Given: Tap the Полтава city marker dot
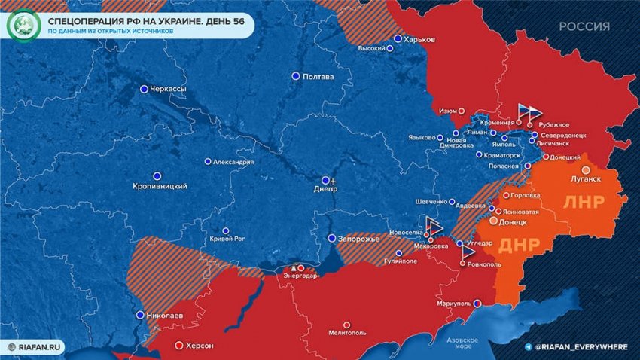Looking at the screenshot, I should pyautogui.click(x=296, y=76).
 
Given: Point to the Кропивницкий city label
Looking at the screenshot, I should pyautogui.click(x=160, y=186).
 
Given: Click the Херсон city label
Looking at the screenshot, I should pyautogui.click(x=200, y=346).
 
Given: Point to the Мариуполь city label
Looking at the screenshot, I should pyautogui.click(x=453, y=304).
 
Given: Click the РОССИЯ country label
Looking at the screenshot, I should pyautogui.click(x=584, y=26).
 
